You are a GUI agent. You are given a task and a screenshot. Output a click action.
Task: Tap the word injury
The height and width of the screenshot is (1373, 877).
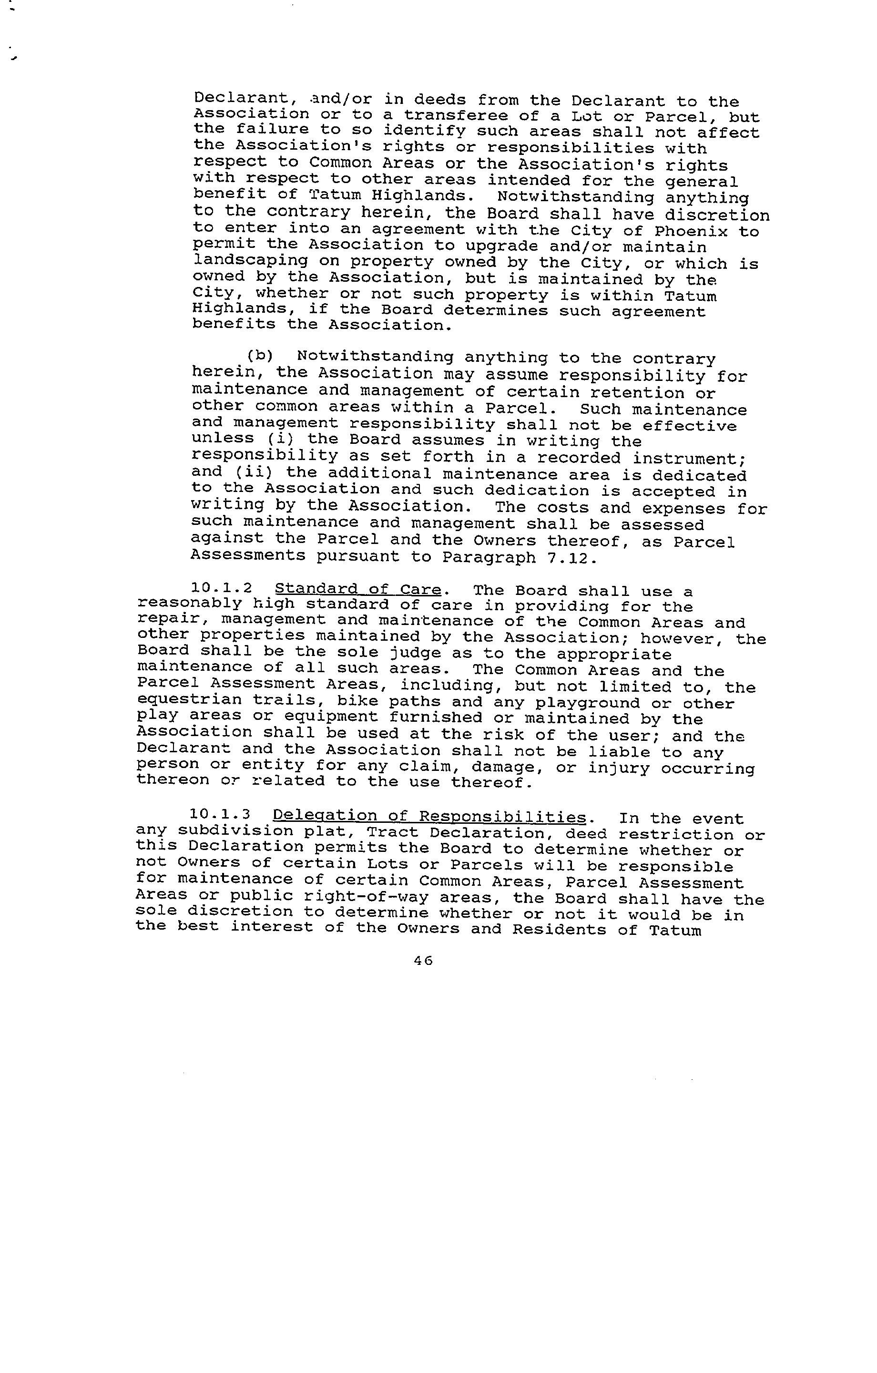(619, 768)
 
